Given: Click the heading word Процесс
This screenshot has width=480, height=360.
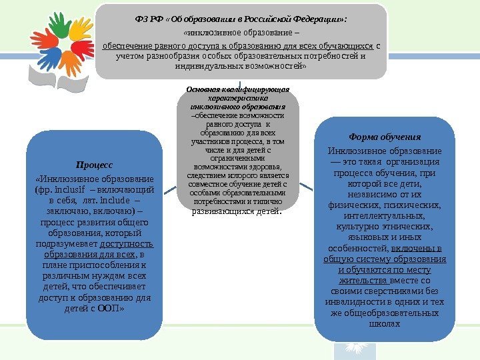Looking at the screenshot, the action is tap(94, 164).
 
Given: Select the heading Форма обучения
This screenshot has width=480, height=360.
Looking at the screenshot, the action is tap(385, 137).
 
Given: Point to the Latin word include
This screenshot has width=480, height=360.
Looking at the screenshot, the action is tap(116, 200).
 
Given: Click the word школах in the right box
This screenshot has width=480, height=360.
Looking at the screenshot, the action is tap(384, 323).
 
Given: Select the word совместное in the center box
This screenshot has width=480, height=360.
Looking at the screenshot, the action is tap(210, 184).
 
